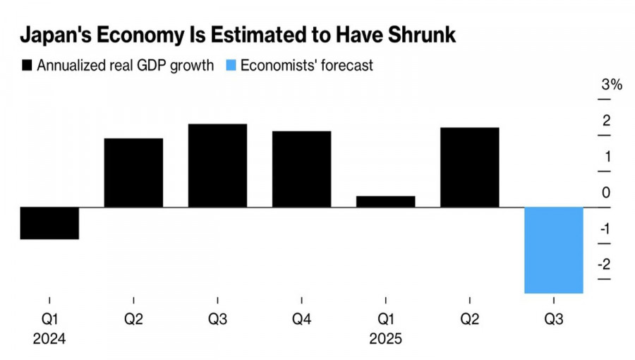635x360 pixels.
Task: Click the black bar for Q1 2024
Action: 49,223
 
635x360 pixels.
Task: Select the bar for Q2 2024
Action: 133,172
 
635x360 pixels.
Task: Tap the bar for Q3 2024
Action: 217,165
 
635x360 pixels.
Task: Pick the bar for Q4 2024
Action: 301,169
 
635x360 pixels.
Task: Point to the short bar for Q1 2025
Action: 385,201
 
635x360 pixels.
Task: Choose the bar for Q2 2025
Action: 469,167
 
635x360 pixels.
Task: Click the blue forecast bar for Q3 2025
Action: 553,250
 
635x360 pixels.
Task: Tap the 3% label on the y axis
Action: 611,85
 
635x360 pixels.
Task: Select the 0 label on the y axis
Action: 606,193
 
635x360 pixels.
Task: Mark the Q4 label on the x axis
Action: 301,320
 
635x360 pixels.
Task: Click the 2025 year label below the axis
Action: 385,339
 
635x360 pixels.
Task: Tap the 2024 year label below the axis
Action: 49,339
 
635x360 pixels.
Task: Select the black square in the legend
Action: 28,66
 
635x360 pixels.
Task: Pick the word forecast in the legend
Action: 346,66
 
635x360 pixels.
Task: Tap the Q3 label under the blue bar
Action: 553,320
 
